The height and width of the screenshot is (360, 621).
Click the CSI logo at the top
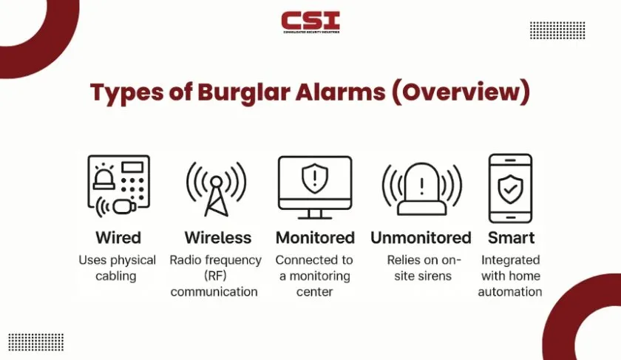click(x=310, y=22)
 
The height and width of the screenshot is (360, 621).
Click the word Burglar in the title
click(x=245, y=92)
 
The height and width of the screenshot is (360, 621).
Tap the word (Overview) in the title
click(x=461, y=92)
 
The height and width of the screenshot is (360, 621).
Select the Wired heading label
click(x=118, y=237)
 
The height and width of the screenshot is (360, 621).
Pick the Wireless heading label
click(x=218, y=237)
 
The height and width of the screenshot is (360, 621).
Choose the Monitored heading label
click(x=315, y=237)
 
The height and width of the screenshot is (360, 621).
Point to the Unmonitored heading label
click(x=421, y=237)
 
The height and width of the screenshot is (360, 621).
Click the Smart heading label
click(x=511, y=237)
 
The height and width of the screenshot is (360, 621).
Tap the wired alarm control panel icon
click(x=118, y=186)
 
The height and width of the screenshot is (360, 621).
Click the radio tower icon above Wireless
click(x=216, y=189)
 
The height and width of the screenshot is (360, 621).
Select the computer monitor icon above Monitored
click(x=315, y=187)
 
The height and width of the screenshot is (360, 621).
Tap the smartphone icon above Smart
click(x=511, y=189)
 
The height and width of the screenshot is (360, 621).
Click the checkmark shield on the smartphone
click(x=511, y=189)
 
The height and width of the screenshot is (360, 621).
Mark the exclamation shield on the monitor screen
click(x=315, y=178)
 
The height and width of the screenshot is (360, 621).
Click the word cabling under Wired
click(x=115, y=276)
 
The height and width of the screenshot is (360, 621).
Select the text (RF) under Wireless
click(x=215, y=276)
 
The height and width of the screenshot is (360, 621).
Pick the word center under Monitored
click(x=314, y=292)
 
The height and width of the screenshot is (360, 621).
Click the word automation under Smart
click(x=510, y=292)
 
